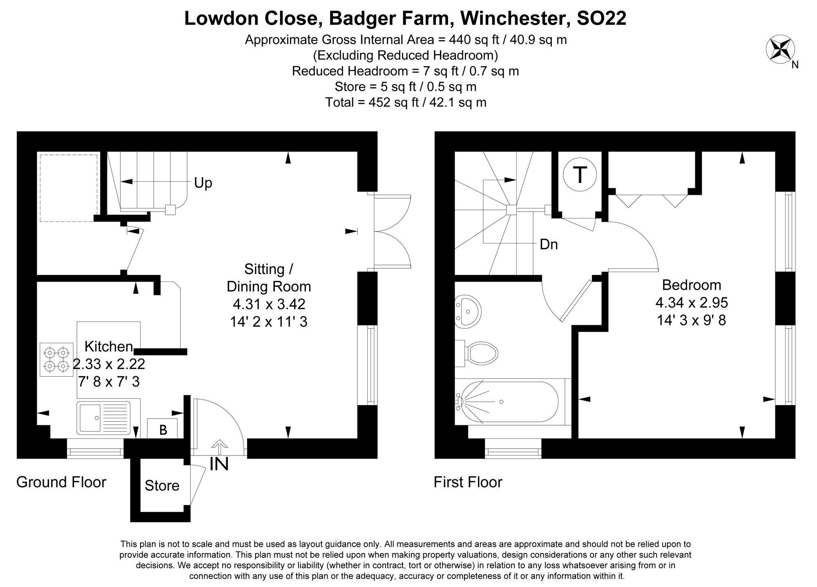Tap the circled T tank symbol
tap(579, 175)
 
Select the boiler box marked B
tap(162, 429)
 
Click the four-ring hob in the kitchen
tap(56, 359)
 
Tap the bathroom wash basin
tap(468, 310)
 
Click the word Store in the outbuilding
tap(162, 486)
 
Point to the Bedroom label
tap(691, 284)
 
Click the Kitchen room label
tap(109, 346)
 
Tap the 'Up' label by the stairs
tap(203, 183)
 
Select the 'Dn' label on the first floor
tap(549, 244)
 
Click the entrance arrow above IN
tap(220, 447)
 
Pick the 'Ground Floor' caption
tap(61, 482)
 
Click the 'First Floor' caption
tap(468, 482)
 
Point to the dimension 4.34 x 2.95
tap(692, 303)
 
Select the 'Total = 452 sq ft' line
tap(406, 102)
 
